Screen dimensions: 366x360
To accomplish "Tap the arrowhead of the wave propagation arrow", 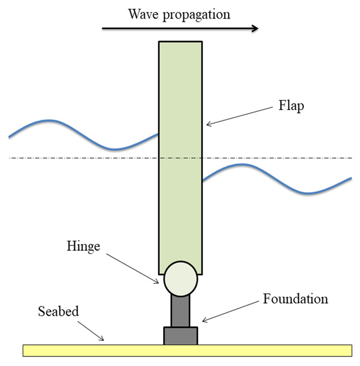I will tap(255, 29).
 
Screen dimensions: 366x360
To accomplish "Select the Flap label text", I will tap(291, 105).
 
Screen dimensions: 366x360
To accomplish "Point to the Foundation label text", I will tap(295, 299).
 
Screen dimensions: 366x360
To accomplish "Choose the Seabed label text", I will tap(58, 311).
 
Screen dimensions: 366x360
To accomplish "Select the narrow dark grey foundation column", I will tap(180, 311).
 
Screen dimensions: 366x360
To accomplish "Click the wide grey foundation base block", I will tap(180, 335).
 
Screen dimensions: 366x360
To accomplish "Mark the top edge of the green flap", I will tap(180, 42).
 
